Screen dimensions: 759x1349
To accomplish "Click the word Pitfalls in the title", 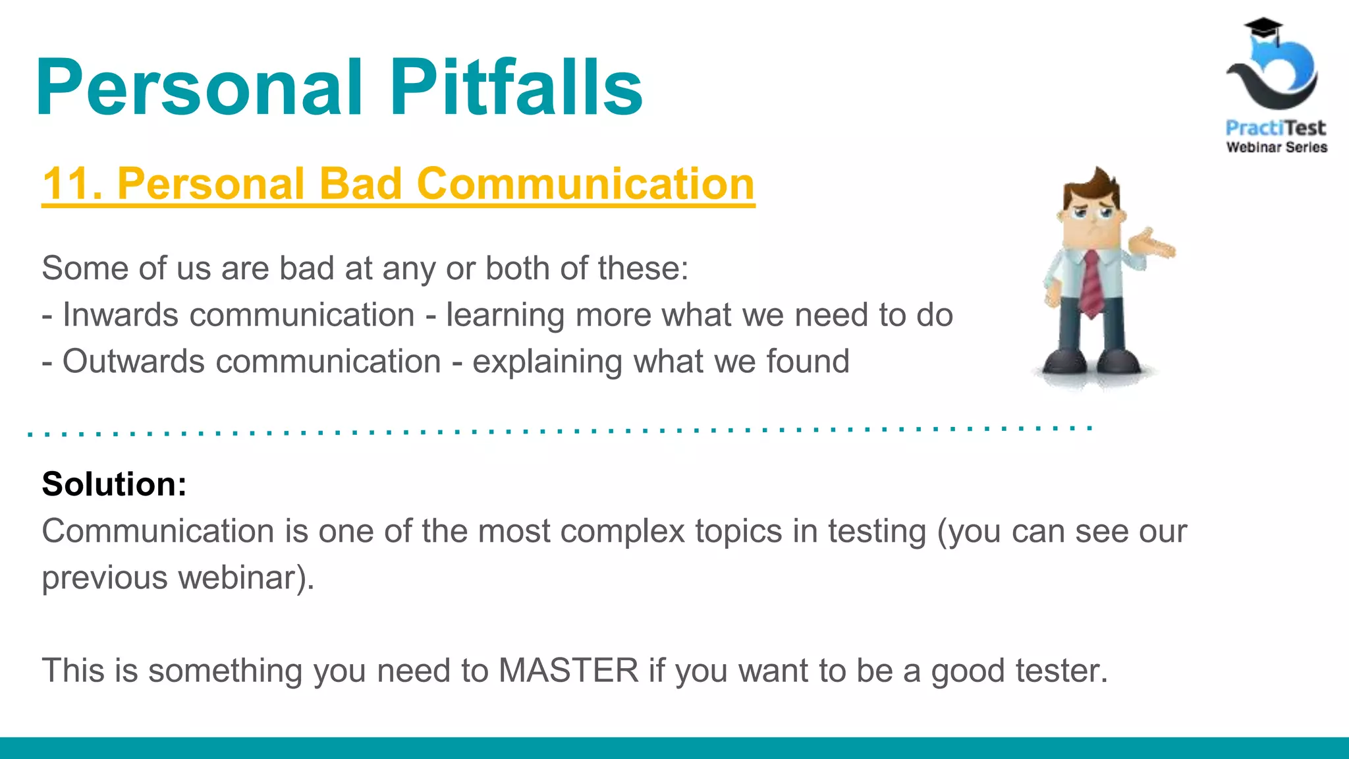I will point(516,87).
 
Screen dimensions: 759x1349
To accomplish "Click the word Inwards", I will point(120,315).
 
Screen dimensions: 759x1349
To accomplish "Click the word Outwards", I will point(133,362).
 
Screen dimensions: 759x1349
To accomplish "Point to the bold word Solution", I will point(114,484).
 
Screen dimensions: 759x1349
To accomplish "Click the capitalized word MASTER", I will point(568,671).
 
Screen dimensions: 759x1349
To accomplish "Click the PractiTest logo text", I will point(1275,127).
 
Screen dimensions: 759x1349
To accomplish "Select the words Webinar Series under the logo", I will point(1276,147).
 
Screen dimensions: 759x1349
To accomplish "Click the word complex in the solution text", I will point(623,531).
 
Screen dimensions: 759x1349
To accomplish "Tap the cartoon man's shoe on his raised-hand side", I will point(1124,362).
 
